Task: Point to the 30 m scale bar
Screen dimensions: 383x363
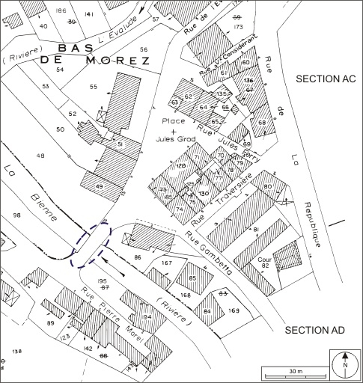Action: click(x=296, y=373)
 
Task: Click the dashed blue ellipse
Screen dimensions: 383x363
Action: click(x=91, y=244)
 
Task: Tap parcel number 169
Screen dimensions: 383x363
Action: click(x=234, y=310)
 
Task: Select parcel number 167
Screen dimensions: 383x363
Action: click(x=166, y=263)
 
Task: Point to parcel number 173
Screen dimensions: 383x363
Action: click(x=238, y=27)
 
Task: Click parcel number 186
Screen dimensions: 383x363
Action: click(x=61, y=10)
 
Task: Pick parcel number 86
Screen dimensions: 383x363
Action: click(x=138, y=257)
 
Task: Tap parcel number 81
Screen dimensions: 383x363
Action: click(x=255, y=230)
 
